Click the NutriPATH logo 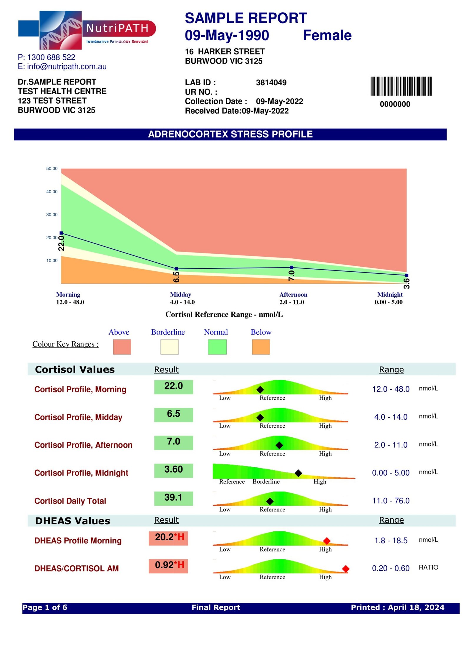87,30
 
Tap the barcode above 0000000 400,86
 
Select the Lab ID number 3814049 271,82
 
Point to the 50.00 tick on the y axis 52,169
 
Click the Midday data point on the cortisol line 176,269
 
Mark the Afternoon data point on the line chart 291,267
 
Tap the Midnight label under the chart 390,295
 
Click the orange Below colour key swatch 261,347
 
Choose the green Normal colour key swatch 217,347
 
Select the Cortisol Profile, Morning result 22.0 173,386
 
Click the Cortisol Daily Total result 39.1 173,497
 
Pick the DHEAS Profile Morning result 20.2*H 168,537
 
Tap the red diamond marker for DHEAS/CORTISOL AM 346,569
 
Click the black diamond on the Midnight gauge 298,473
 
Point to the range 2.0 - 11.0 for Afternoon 391,445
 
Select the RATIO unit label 428,567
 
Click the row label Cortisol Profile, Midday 78,417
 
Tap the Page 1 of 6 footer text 45,607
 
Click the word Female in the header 327,35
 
